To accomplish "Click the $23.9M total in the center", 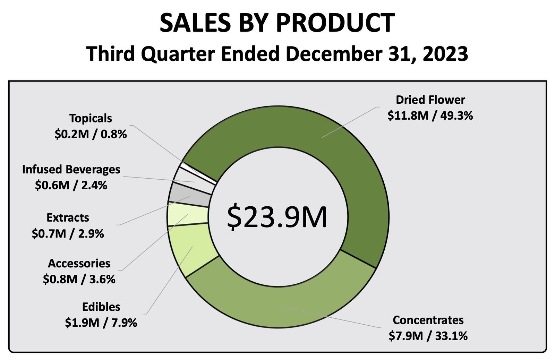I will point(277,217).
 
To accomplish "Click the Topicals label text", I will point(91,118).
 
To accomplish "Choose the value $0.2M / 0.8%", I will point(91,134).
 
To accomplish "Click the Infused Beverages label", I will point(71,169).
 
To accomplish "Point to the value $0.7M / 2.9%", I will point(68,234).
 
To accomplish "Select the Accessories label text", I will point(79,263).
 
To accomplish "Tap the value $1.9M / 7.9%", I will point(101,323).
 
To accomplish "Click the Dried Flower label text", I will point(430,100).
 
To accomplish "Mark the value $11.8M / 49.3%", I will point(430,115).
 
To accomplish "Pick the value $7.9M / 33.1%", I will point(428,336).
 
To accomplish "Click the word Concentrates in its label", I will point(428,320).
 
